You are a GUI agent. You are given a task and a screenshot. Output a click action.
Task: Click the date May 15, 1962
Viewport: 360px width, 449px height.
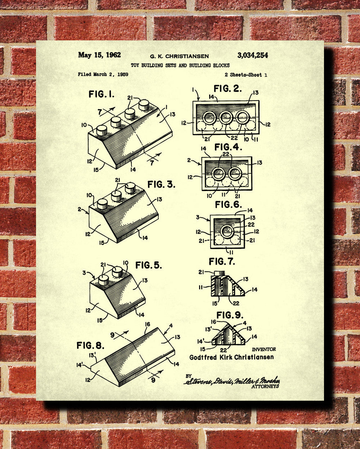99,55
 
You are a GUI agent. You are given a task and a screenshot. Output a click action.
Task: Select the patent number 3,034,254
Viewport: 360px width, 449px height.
252,55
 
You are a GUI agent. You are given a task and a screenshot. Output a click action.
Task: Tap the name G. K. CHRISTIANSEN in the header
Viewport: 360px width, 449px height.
179,56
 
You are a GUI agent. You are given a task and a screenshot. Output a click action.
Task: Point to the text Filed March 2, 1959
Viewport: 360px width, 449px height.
103,75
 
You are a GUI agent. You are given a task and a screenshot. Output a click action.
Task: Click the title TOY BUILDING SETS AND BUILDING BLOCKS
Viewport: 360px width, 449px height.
180,65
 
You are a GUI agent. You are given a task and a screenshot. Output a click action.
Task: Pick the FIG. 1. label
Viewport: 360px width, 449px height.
101,94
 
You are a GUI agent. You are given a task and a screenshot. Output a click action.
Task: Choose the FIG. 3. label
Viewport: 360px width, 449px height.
161,185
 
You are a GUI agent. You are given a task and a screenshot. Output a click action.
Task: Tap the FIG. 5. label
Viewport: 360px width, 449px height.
148,265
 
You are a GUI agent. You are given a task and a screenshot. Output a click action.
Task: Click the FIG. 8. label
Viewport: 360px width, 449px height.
90,346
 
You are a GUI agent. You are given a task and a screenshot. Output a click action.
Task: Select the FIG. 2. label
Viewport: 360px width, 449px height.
228,89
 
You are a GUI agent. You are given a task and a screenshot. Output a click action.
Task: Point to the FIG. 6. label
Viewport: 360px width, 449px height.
229,205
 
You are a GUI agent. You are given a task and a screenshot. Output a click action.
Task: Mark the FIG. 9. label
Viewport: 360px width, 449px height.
229,315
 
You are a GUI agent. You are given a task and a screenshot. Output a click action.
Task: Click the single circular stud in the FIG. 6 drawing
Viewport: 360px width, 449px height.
227,231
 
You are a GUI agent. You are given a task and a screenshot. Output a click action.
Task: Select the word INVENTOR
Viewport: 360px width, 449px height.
264,349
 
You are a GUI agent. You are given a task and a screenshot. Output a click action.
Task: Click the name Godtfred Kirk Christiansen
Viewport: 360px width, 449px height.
231,357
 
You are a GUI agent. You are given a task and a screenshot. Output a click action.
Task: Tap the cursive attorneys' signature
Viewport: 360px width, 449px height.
232,381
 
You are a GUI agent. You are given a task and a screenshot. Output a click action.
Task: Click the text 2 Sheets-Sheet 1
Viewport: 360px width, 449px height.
246,75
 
